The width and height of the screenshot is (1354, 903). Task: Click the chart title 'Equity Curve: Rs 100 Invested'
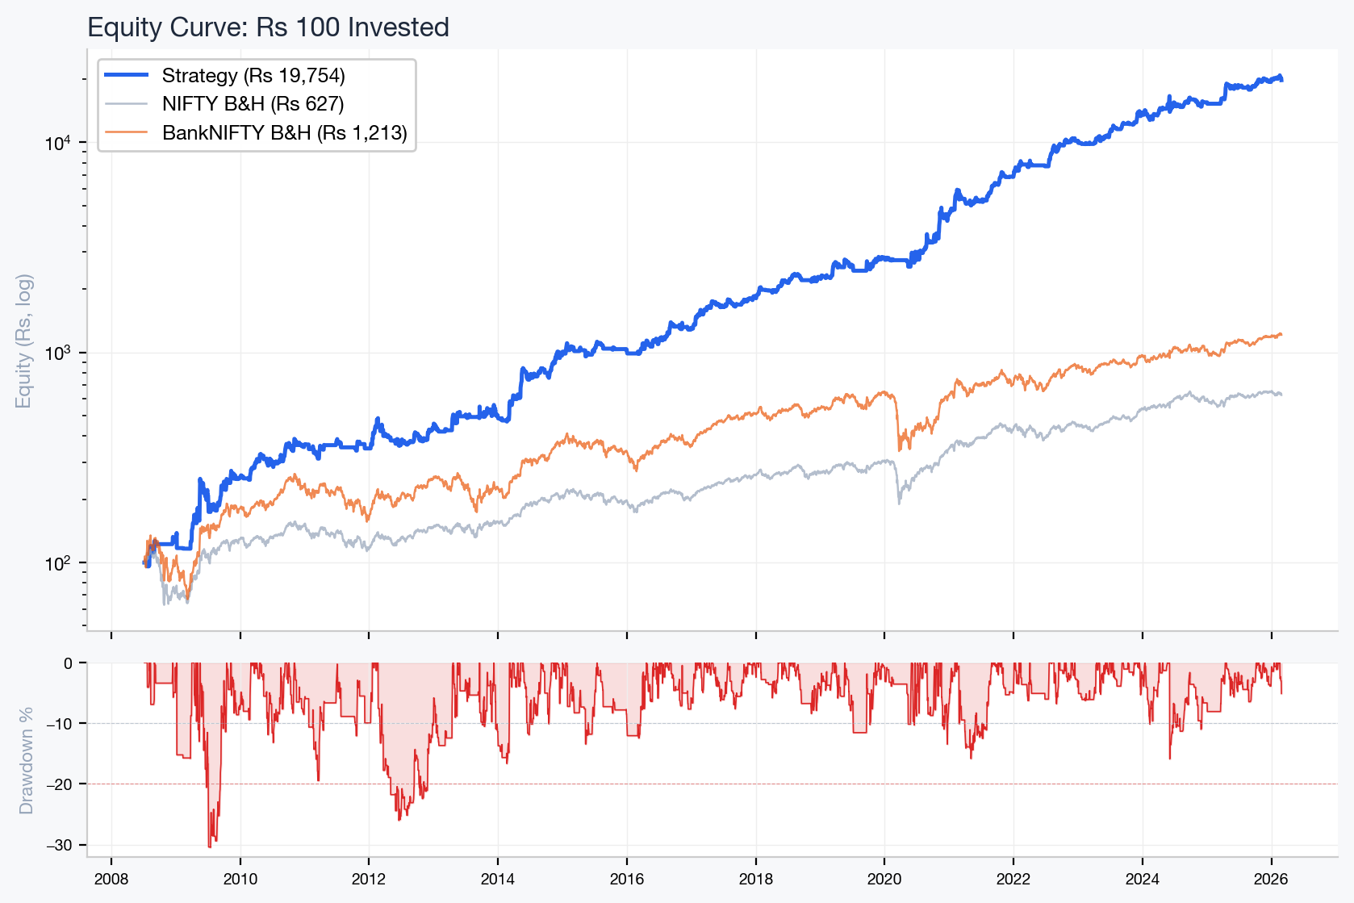click(x=268, y=27)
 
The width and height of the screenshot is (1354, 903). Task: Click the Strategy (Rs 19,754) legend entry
click(x=253, y=76)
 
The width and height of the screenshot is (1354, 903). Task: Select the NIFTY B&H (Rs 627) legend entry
click(x=253, y=104)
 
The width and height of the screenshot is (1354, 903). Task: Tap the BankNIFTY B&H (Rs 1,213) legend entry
click(x=284, y=133)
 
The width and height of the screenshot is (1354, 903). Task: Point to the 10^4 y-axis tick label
click(x=57, y=144)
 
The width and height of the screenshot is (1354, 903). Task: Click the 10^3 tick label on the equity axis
click(x=57, y=353)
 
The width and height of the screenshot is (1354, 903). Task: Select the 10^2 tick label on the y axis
click(x=57, y=563)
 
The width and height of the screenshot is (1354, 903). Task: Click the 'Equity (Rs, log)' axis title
click(x=24, y=341)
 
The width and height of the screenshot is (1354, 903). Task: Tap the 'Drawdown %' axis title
click(x=27, y=760)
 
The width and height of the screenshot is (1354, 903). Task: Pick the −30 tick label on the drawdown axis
click(x=59, y=845)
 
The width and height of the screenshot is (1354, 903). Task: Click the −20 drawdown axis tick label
click(x=59, y=784)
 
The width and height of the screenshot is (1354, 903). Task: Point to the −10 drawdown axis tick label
click(x=59, y=724)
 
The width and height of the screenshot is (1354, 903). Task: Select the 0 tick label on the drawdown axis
click(x=68, y=663)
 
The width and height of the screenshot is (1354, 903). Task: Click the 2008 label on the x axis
click(x=111, y=880)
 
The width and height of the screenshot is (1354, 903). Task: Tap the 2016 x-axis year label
click(x=627, y=880)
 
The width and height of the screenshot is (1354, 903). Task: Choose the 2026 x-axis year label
click(x=1271, y=880)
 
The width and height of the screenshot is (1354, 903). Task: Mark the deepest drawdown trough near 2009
click(x=210, y=847)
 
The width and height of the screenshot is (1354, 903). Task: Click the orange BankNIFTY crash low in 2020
click(x=900, y=450)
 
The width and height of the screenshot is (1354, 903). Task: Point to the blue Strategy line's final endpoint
click(x=1281, y=79)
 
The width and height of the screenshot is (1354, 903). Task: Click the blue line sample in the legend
click(x=127, y=75)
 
